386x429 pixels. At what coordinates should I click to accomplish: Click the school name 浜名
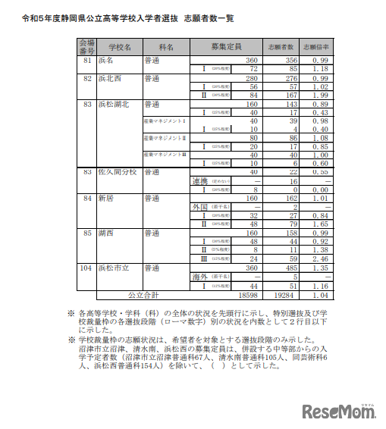[105, 59]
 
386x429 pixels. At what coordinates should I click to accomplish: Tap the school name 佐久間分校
[117, 172]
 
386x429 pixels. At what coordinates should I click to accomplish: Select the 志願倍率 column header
[315, 46]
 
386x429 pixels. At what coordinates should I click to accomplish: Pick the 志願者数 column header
[281, 46]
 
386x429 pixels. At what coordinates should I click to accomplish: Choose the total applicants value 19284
[281, 294]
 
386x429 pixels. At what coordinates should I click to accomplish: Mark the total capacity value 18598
[247, 294]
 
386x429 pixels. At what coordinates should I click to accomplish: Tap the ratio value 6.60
[317, 163]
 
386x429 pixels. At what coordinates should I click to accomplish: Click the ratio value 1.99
[317, 96]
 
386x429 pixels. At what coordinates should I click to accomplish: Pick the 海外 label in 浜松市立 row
[201, 277]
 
